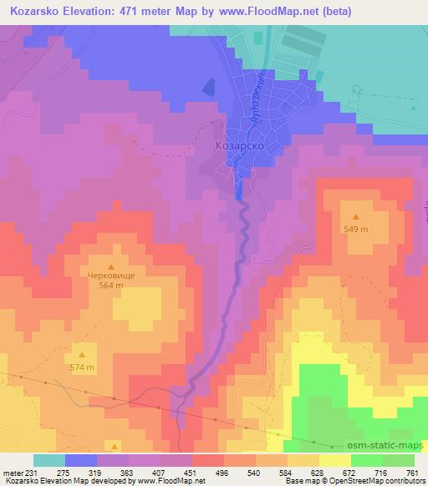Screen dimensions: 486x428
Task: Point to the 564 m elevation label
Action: tap(111, 286)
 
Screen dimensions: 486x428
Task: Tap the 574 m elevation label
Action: tap(82, 368)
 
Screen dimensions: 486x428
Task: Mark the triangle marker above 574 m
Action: tap(82, 355)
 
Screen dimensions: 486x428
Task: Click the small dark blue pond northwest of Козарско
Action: tap(208, 88)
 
